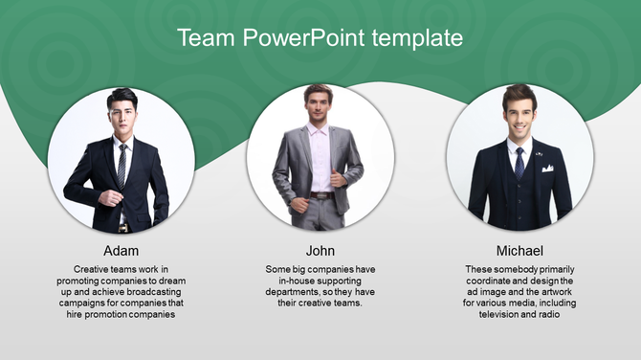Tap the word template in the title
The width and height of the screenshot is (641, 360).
pos(419,38)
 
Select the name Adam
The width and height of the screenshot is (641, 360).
pos(122,251)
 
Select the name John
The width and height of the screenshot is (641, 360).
pos(320,251)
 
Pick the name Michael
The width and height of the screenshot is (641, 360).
pos(519,251)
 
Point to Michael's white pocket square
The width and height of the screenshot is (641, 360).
pos(547,169)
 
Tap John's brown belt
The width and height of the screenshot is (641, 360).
pos(322,195)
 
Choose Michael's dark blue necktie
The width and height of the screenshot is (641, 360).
pos(519,163)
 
